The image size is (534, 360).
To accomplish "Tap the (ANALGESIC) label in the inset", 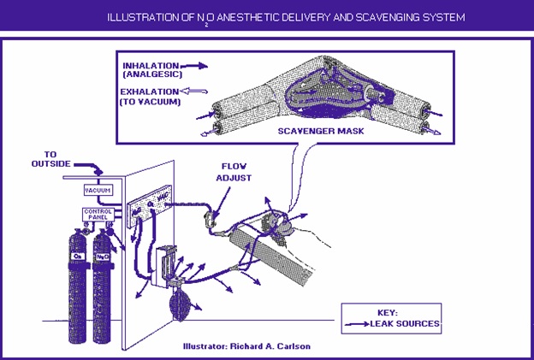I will click(x=149, y=74).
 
